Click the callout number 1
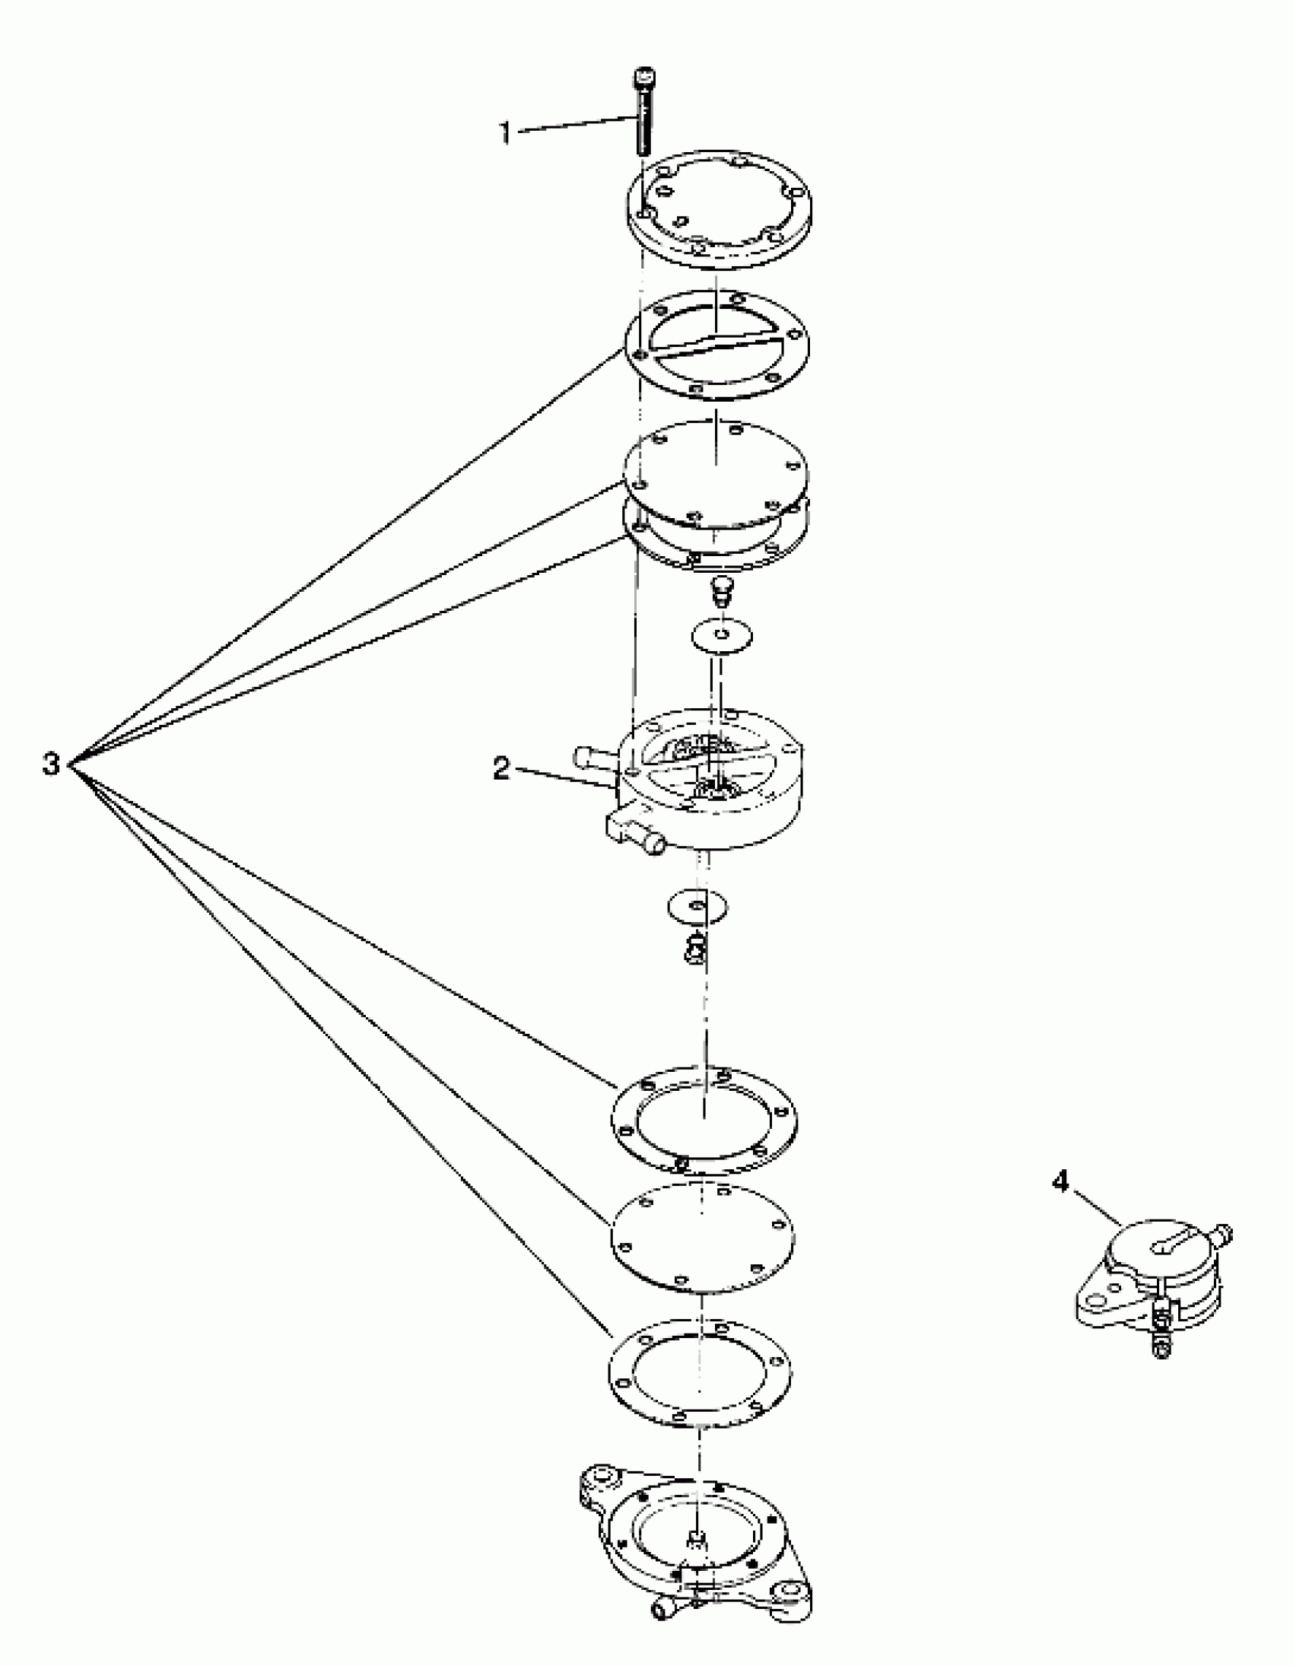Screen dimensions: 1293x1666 [x=504, y=132]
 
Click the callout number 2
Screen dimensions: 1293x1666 [x=500, y=768]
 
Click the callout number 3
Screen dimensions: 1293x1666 [x=50, y=764]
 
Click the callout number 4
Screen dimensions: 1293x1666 [x=1060, y=1182]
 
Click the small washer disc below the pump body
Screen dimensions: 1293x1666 [x=697, y=906]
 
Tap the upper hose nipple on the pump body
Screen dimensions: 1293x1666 [x=591, y=758]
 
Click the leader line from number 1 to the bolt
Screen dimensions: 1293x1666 [x=576, y=125]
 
